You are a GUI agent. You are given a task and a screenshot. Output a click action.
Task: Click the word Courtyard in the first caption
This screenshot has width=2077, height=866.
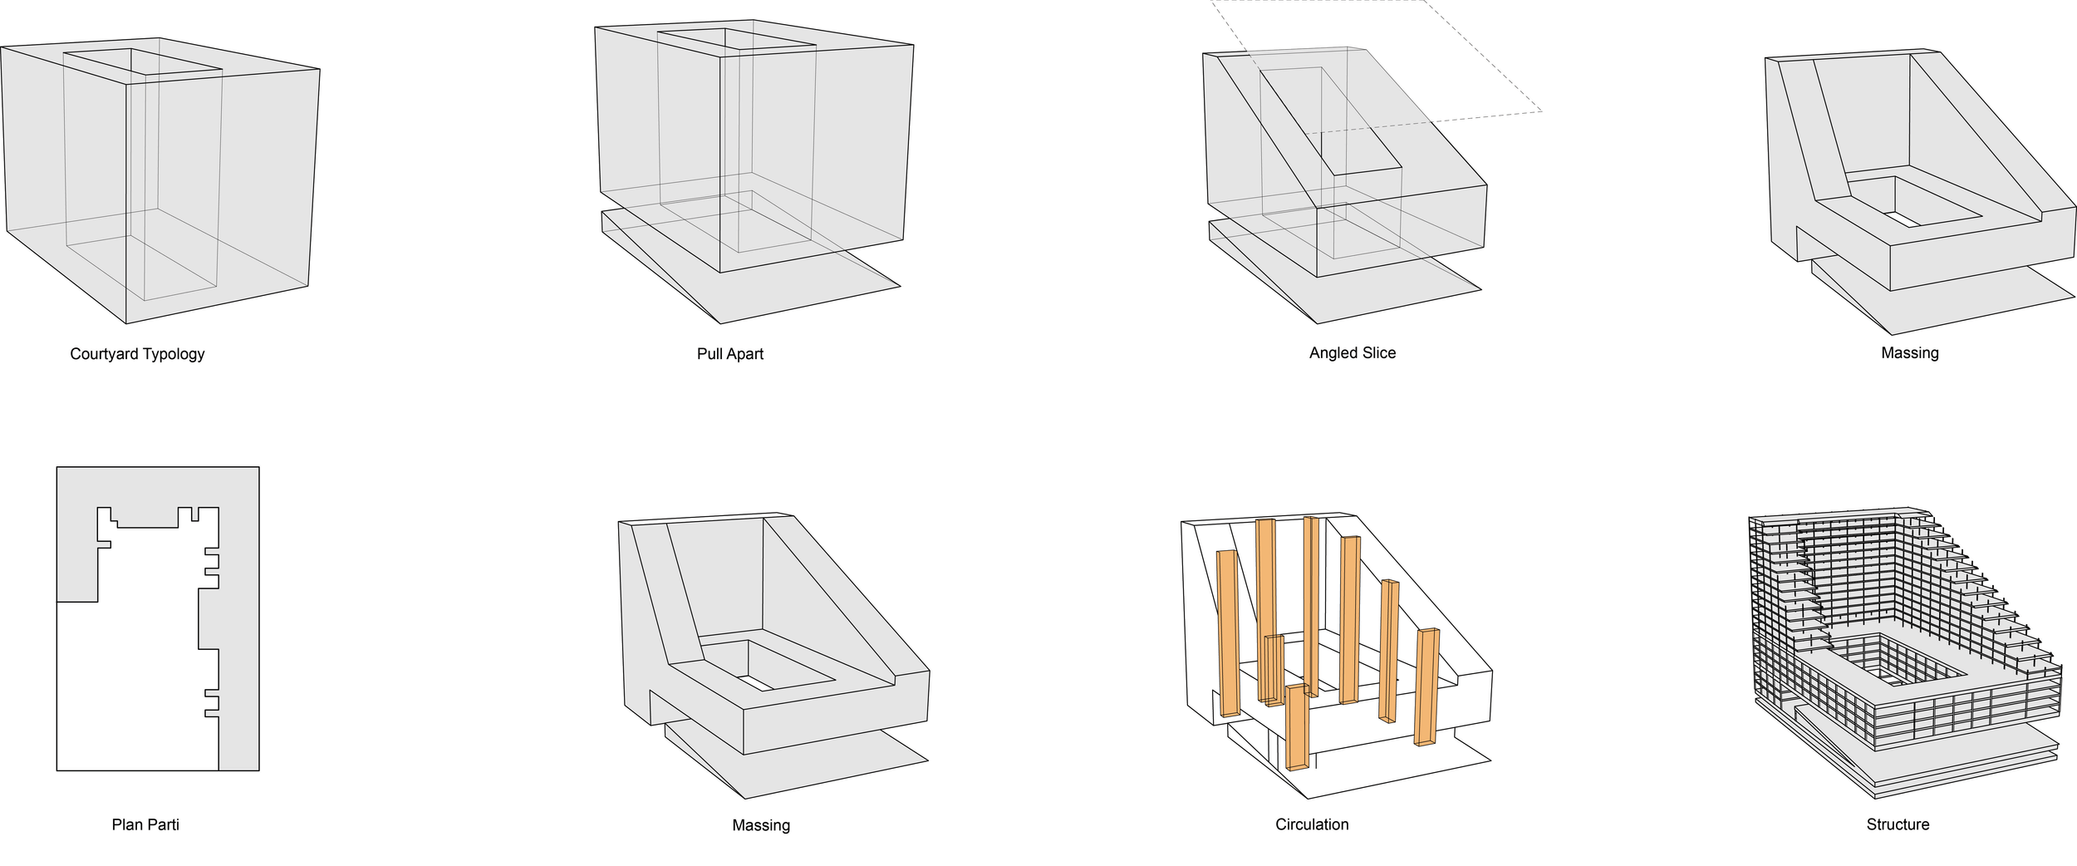104,354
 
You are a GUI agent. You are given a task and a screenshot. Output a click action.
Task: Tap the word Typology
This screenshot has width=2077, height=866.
173,354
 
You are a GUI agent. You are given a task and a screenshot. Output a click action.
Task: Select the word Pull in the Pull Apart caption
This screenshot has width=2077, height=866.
710,354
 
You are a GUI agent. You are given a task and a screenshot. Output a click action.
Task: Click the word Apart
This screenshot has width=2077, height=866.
744,354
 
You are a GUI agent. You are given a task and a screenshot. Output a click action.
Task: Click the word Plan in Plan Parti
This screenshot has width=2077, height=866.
127,824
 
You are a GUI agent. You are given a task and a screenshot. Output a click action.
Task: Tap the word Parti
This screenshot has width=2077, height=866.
164,824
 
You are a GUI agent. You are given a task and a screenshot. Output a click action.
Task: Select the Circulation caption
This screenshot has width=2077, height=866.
1312,824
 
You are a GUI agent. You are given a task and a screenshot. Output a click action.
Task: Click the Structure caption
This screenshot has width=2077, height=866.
1898,824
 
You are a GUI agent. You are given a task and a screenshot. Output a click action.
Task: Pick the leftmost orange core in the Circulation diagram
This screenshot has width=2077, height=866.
1228,632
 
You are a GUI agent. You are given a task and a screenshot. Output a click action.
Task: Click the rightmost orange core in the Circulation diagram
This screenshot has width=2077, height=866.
1426,686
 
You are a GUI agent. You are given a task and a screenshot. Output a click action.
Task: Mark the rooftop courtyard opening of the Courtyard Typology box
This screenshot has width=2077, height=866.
141,62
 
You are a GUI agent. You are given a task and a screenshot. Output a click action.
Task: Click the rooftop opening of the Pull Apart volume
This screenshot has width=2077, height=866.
736,40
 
